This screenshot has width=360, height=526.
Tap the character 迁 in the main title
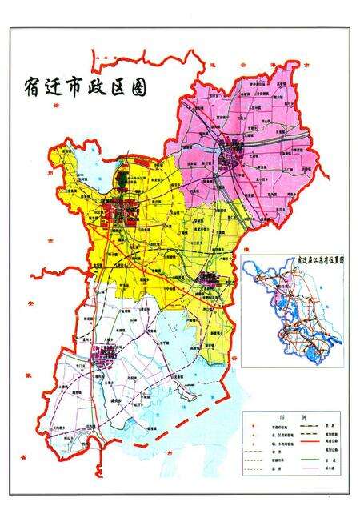point(61,87)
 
